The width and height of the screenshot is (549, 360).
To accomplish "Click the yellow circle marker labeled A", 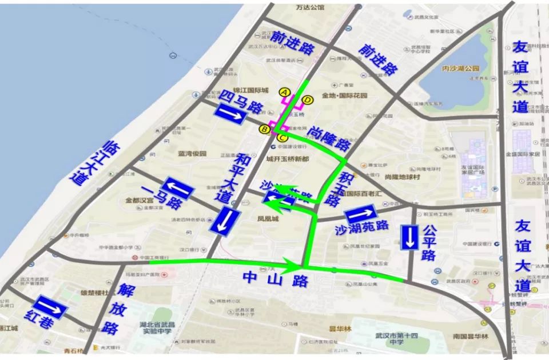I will click(284, 92).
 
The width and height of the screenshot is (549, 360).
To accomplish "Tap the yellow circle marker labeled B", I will click(265, 129).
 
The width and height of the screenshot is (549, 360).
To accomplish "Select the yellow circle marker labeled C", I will click(282, 137).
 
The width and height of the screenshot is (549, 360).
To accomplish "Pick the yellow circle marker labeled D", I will click(308, 101).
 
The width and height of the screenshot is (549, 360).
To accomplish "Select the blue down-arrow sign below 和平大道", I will click(224, 221).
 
